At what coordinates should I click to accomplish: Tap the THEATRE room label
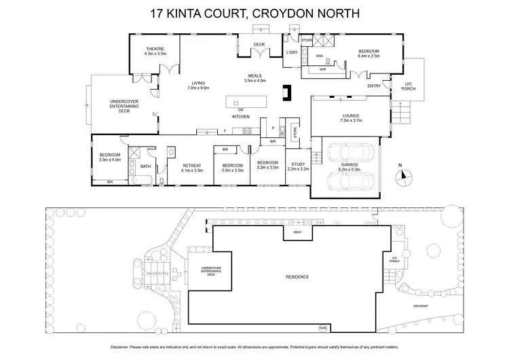click(156, 48)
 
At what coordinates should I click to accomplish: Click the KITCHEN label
click(242, 117)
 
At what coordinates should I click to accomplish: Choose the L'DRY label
click(293, 52)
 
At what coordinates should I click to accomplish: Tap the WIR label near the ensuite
click(324, 69)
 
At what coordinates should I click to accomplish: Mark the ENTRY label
click(374, 86)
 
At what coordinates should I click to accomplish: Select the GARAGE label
click(350, 164)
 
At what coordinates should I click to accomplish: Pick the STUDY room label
click(299, 164)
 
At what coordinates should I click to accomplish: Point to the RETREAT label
click(193, 166)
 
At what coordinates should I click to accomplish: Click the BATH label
click(145, 166)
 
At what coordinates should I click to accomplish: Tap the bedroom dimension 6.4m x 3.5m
click(369, 56)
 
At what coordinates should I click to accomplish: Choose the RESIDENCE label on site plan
click(297, 276)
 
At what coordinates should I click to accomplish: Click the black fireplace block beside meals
click(287, 92)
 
